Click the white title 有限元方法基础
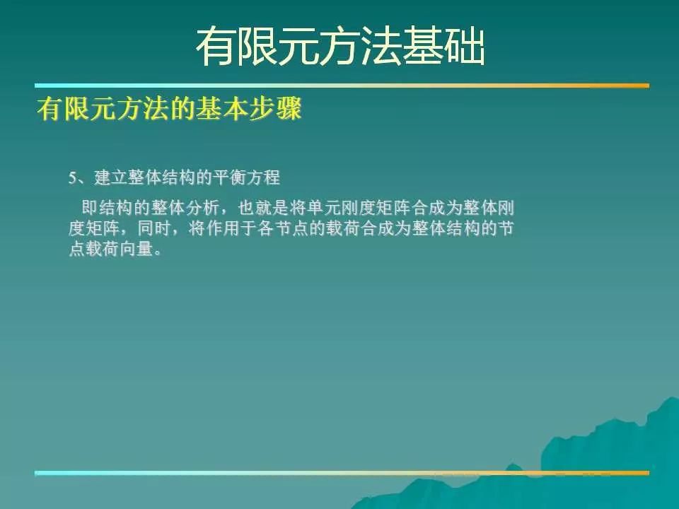(x=340, y=47)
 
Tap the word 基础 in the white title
(x=444, y=47)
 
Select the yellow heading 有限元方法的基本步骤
(x=169, y=109)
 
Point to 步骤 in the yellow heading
(x=275, y=109)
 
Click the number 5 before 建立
(x=72, y=178)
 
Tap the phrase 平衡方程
(x=246, y=177)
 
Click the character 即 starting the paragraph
(x=90, y=208)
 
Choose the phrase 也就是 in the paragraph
(x=264, y=208)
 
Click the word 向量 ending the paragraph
(x=137, y=249)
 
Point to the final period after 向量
(x=158, y=253)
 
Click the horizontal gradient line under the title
(x=342, y=86)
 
